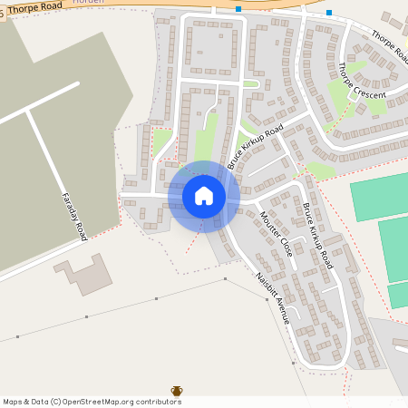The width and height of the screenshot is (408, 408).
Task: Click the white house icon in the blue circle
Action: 204,195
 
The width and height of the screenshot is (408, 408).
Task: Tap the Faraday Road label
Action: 74,215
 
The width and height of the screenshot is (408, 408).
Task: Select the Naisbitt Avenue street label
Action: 273,297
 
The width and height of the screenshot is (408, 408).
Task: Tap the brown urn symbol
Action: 177,392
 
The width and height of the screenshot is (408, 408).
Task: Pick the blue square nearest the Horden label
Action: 238,9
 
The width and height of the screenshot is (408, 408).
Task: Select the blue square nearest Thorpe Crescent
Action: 329,13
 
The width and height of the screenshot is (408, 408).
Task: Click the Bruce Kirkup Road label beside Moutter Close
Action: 317,236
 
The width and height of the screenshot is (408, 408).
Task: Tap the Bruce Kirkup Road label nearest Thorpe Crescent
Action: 256,147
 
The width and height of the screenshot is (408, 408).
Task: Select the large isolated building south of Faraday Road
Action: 83,274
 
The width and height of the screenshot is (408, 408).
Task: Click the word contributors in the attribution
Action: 151,401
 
